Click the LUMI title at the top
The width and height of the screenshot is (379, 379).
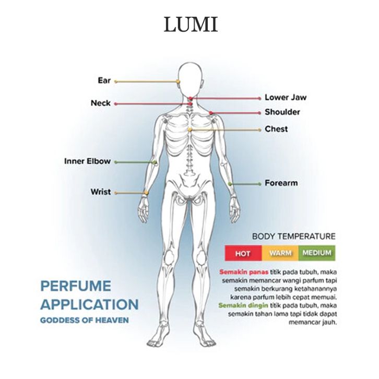tap(190, 25)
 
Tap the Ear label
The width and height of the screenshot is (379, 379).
tap(104, 80)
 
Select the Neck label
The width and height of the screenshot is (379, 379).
tap(100, 103)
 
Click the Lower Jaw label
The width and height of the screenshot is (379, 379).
tap(285, 97)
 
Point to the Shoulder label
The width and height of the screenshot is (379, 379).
tap(282, 112)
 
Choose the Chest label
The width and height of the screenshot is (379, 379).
tap(276, 128)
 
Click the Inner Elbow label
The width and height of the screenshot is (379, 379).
tap(87, 161)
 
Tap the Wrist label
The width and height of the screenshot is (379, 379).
tap(100, 192)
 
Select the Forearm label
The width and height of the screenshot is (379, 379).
tap(281, 183)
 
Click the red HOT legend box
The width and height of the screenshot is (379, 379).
tap(242, 253)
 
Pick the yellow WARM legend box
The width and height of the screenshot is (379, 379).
tap(280, 253)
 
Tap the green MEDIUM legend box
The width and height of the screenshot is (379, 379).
tap(317, 253)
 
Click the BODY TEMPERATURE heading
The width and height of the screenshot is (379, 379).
tap(293, 236)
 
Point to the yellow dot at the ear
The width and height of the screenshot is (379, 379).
tap(179, 81)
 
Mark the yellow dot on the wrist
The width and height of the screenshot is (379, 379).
tap(148, 193)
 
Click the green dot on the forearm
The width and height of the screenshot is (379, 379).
tap(230, 184)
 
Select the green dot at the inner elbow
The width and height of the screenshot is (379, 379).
tap(155, 162)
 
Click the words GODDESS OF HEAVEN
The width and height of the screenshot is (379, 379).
tap(84, 319)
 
